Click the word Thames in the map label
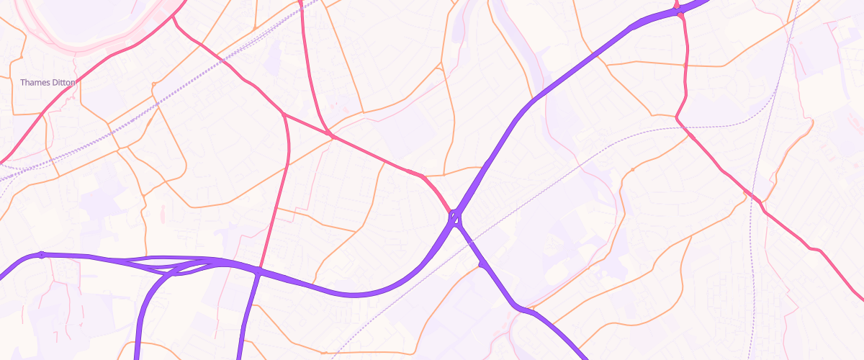tap(32, 83)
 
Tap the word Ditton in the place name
tap(61, 83)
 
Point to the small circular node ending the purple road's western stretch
tap(42, 254)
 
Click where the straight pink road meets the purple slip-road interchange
tap(258, 271)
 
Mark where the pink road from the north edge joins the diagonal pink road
tap(330, 134)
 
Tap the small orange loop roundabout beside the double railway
tap(153, 86)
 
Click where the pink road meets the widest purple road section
tap(677, 9)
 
